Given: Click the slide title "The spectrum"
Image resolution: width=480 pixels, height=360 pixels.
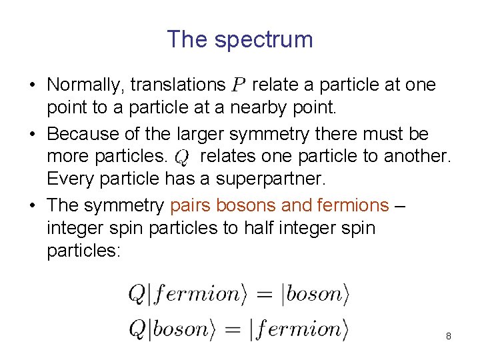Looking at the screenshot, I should pos(239,39).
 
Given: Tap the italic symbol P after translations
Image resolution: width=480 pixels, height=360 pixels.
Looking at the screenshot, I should pos(238,85).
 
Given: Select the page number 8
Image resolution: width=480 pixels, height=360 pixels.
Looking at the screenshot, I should pos(449,336).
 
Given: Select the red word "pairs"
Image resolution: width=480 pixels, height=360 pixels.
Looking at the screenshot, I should pos(189,205).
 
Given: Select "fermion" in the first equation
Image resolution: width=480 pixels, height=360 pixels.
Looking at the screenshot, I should pos(195,294).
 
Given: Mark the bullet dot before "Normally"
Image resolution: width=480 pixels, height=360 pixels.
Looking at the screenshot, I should pos(32,86).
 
